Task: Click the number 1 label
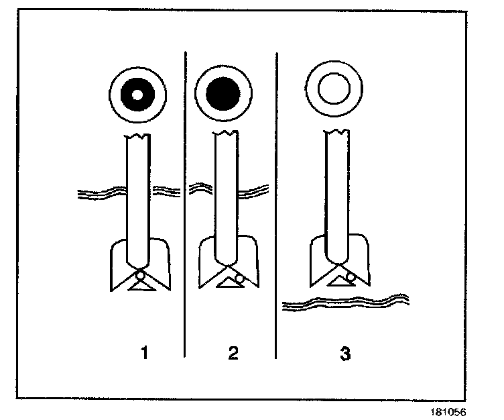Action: point(143,353)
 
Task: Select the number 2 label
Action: point(233,353)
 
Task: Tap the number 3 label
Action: point(346,353)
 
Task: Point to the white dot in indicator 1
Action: point(137,94)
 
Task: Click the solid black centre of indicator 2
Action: point(223,93)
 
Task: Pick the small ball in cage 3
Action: point(350,276)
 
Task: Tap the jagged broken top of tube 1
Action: point(138,137)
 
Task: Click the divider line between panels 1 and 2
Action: point(185,201)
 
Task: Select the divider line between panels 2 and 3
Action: point(276,201)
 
